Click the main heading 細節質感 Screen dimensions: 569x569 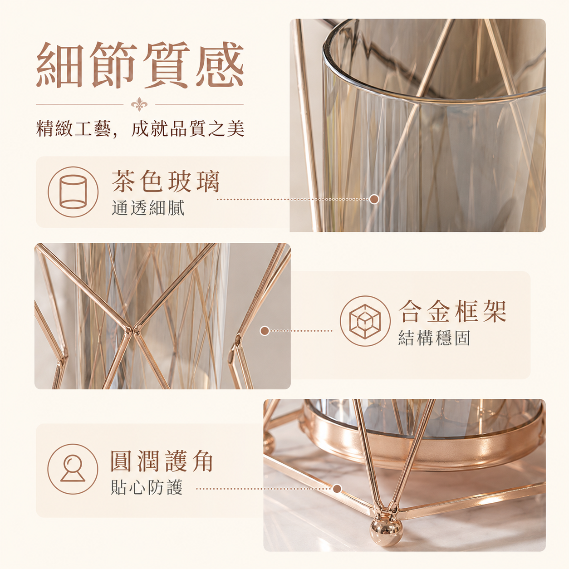point(140,65)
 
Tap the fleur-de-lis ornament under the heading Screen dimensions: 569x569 point(139,104)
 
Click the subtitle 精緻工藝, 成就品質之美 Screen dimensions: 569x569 point(140,129)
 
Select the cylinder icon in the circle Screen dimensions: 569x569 point(73,192)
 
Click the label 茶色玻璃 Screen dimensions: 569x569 point(166,181)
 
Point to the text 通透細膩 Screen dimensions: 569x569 point(148,207)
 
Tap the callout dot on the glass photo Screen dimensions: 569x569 point(374,199)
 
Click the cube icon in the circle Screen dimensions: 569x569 point(365,321)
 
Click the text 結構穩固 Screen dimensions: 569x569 point(434,338)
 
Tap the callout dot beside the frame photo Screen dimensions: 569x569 point(265,331)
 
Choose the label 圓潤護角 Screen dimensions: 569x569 point(162,461)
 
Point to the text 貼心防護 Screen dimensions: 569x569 point(147,487)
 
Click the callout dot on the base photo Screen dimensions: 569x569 point(337,489)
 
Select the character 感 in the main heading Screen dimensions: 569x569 point(220,65)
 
